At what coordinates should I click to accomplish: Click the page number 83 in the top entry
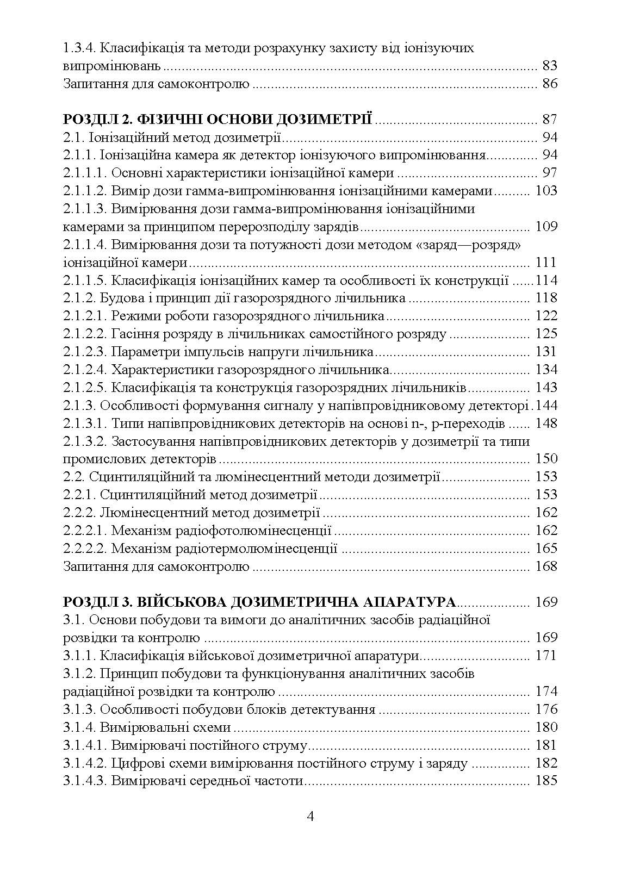pos(550,66)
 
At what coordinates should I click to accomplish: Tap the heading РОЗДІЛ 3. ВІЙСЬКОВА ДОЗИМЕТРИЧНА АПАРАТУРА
pos(260,602)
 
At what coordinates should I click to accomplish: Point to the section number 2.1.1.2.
pos(85,191)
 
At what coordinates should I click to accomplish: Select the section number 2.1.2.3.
pos(85,352)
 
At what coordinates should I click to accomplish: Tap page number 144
pos(547,406)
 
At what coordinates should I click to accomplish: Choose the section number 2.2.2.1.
pos(85,531)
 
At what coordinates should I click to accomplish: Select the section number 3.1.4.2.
pos(85,763)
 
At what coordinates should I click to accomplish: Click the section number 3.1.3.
pos(80,709)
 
